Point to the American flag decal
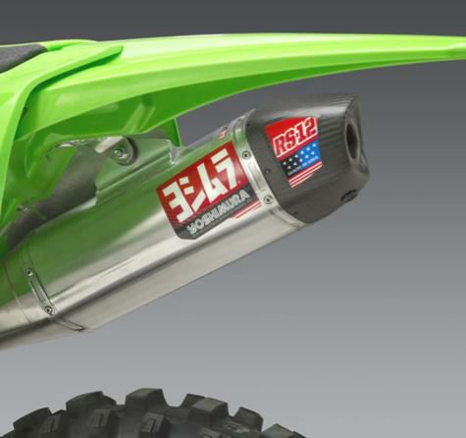(303, 162)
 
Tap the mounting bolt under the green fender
(121, 152)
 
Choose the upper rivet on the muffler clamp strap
(30, 272)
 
